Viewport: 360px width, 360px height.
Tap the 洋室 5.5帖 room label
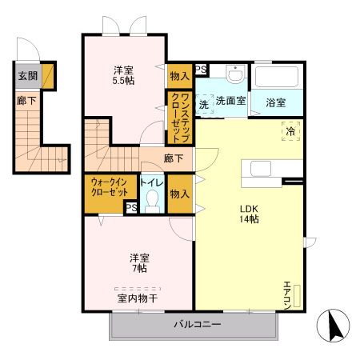coord(123,76)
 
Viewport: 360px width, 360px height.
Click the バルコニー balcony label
coord(197,325)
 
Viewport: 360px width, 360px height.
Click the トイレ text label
coord(153,182)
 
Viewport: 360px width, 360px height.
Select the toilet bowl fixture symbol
coord(153,203)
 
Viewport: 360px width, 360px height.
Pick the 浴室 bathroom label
coord(276,102)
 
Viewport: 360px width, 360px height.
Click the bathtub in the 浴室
coord(277,78)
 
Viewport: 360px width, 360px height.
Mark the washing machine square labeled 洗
coord(204,104)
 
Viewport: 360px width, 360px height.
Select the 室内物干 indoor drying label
coord(138,297)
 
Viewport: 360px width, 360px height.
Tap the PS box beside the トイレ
coord(130,207)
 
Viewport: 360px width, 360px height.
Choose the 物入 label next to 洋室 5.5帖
coord(180,76)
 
